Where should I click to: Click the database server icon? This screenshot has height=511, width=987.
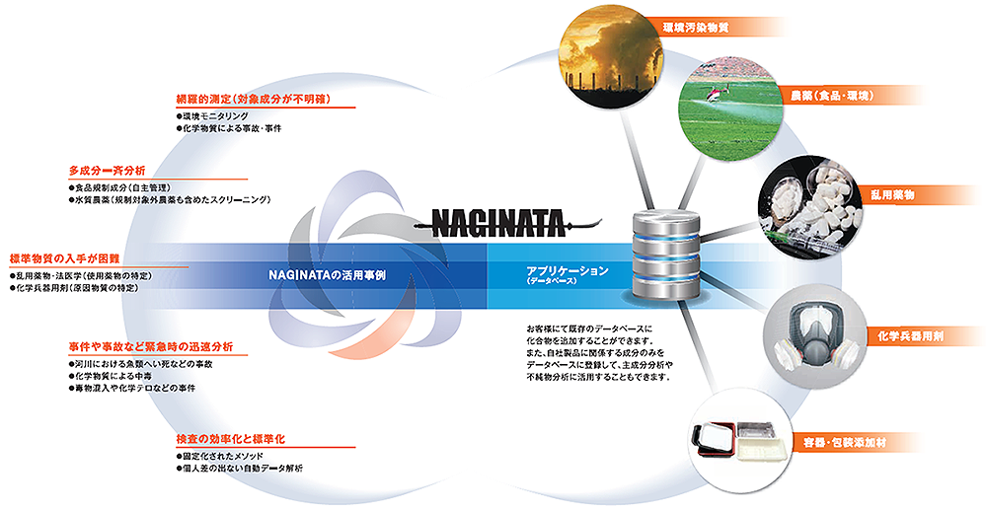tap(666, 256)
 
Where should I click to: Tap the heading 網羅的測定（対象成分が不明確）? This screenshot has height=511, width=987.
tap(254, 100)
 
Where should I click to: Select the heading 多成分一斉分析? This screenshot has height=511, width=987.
tap(107, 171)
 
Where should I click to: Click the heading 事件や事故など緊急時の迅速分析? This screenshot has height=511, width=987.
tap(151, 347)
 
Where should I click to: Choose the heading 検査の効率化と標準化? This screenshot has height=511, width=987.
tap(230, 439)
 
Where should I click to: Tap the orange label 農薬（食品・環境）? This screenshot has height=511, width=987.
tap(832, 97)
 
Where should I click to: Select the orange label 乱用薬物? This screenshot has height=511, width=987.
tap(892, 195)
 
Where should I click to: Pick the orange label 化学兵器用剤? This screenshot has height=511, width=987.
tap(910, 336)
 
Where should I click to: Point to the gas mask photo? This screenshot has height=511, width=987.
tap(811, 334)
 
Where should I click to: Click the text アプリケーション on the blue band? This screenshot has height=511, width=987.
tap(568, 270)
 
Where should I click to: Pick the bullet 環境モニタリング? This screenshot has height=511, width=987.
tap(213, 116)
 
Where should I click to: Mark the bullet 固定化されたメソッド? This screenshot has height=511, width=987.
tap(220, 456)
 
